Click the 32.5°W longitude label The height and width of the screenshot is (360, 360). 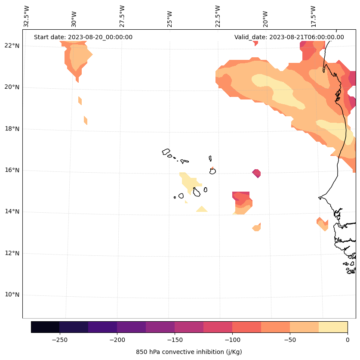(27, 16)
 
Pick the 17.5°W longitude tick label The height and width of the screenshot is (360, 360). (313, 16)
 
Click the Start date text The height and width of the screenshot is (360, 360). (83, 37)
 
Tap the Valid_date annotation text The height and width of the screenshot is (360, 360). (289, 37)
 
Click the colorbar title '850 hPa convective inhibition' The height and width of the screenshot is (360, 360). (189, 352)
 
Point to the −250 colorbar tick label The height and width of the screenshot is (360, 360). (59, 340)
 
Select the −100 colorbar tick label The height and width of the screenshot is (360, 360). (232, 340)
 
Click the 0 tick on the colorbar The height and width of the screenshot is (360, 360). (347, 340)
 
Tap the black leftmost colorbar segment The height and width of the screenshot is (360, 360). (45, 327)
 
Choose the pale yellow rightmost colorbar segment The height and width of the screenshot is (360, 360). (333, 327)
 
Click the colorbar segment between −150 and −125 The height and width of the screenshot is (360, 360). (189, 327)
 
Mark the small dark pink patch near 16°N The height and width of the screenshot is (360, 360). (256, 173)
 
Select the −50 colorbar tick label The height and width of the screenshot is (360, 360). (290, 340)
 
